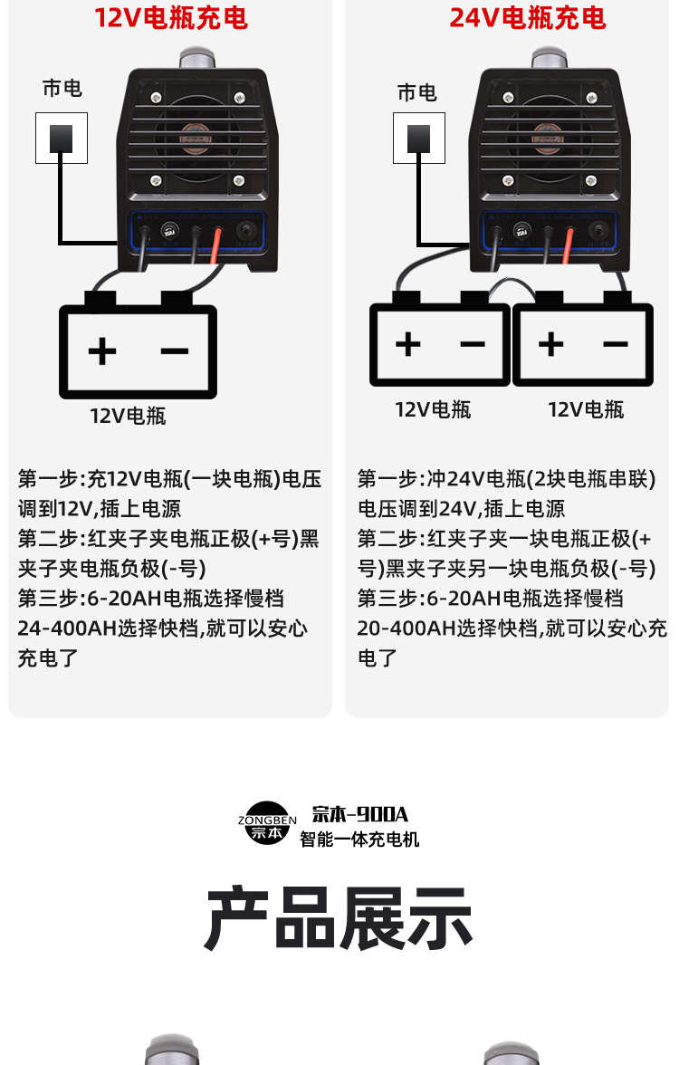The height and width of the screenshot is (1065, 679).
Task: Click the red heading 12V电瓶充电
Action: click(171, 18)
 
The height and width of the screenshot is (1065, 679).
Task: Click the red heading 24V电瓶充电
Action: click(528, 18)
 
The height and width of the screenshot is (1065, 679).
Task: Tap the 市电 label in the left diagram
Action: click(62, 88)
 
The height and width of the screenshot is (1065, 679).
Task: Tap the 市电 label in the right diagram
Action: click(416, 92)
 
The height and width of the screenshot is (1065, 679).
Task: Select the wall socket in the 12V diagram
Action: click(62, 138)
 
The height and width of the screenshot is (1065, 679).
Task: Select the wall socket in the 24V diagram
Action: click(418, 138)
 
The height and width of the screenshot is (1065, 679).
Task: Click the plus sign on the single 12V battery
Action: click(101, 350)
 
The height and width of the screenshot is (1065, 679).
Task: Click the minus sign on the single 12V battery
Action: click(175, 350)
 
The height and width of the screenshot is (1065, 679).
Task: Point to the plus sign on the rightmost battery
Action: click(550, 344)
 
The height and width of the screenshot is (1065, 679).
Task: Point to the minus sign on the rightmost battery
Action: click(616, 344)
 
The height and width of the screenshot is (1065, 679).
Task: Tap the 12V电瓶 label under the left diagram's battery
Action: click(128, 416)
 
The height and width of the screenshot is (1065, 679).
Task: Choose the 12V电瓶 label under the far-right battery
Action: click(586, 409)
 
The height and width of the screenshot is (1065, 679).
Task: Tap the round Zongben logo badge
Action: click(267, 823)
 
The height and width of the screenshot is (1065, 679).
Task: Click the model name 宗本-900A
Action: click(360, 814)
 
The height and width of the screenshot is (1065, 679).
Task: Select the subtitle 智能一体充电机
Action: click(359, 840)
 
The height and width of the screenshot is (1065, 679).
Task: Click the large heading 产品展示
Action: click(339, 918)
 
